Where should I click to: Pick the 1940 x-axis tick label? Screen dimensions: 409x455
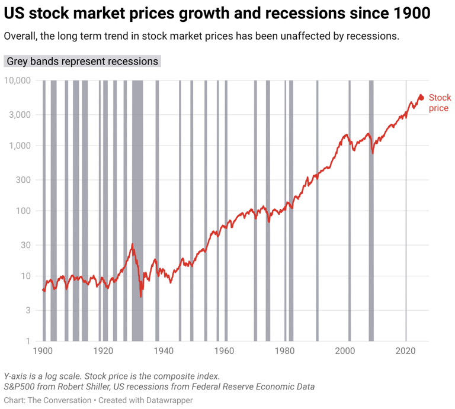pyautogui.click(x=164, y=350)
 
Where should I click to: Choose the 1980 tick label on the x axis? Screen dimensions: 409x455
pyautogui.click(x=285, y=350)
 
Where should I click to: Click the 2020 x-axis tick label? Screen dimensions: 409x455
pyautogui.click(x=406, y=350)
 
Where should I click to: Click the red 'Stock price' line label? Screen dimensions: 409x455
pyautogui.click(x=440, y=103)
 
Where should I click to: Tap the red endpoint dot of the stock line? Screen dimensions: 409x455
pyautogui.click(x=421, y=97)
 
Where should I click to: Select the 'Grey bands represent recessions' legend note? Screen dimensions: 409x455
pyautogui.click(x=82, y=62)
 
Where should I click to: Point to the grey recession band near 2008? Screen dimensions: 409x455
pyautogui.click(x=371, y=207)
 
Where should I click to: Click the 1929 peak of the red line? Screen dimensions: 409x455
pyautogui.click(x=132, y=244)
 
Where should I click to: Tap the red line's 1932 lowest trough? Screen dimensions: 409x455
pyautogui.click(x=140, y=297)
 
